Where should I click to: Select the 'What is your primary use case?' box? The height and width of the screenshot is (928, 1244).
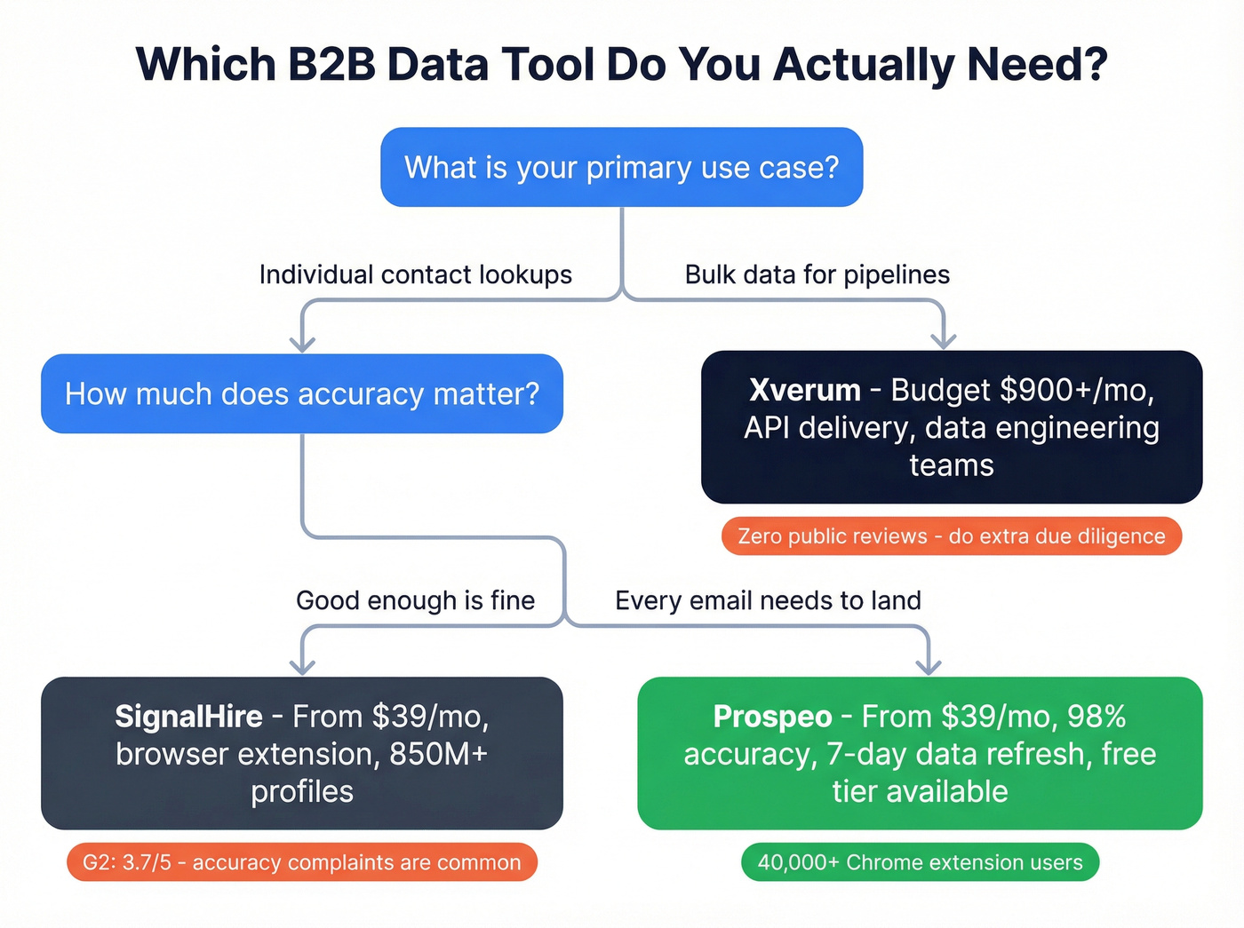click(621, 167)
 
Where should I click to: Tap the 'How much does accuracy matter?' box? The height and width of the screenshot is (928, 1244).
click(302, 393)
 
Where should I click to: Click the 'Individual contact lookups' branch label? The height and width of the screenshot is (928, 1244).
click(415, 274)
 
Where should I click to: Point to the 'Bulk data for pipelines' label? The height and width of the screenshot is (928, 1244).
click(817, 274)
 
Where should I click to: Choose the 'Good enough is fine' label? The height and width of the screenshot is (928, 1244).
click(415, 600)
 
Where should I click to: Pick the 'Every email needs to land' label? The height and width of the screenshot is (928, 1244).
click(768, 600)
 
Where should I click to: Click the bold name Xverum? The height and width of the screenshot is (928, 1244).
click(804, 390)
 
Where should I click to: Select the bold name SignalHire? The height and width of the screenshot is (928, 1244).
click(188, 716)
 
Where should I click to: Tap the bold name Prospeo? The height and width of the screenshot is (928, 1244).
click(772, 716)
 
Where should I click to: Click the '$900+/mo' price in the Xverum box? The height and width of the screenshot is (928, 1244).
click(1076, 390)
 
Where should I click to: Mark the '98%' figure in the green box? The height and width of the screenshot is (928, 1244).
click(1096, 716)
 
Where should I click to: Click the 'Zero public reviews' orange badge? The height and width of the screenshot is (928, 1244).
click(951, 536)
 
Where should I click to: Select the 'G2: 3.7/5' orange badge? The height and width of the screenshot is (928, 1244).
click(302, 862)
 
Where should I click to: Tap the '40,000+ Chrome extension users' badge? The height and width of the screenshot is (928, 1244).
click(920, 862)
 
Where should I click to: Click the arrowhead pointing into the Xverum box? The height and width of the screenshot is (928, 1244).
click(943, 340)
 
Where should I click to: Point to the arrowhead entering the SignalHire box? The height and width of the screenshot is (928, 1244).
click(302, 665)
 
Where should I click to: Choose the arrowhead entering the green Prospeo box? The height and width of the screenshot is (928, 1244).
click(929, 665)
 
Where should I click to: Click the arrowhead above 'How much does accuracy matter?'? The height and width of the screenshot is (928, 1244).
click(302, 342)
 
